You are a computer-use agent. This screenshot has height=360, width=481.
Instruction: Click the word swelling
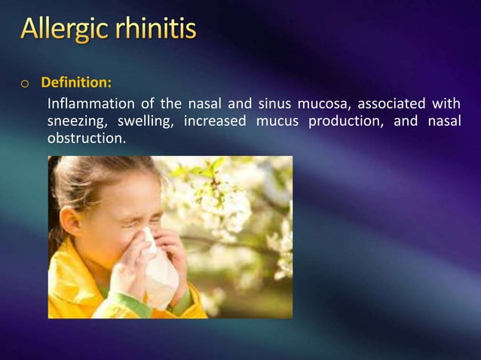(x=146, y=121)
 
